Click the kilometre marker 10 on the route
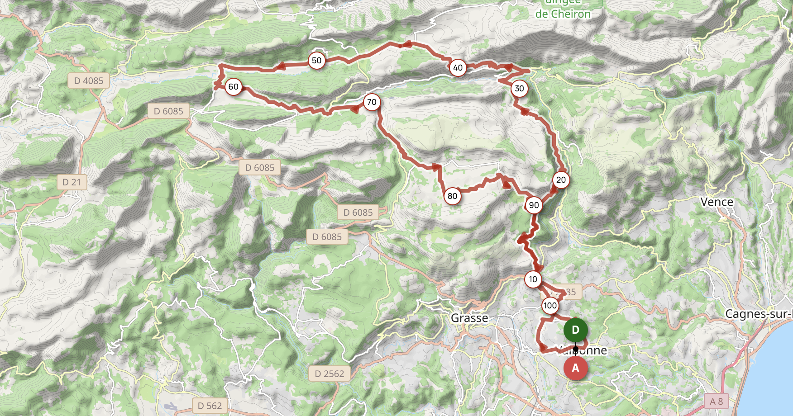[x=533, y=279]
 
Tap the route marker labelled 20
[x=561, y=180]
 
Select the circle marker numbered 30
[x=519, y=89]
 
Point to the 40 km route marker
[x=458, y=68]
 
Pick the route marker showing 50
[x=316, y=61]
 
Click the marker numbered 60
[x=233, y=87]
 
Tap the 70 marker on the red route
[x=372, y=102]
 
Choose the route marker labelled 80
[x=452, y=196]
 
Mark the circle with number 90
[x=534, y=205]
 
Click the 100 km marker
[x=550, y=306]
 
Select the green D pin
[x=575, y=330]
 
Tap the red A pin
[x=575, y=368]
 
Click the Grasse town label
[x=469, y=318]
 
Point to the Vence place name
[x=717, y=202]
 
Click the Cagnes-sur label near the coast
[x=759, y=314]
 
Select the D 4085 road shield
[x=89, y=81]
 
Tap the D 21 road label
[x=72, y=182]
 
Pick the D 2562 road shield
[x=330, y=374]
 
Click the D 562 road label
[x=210, y=406]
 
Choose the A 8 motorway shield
[x=717, y=401]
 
